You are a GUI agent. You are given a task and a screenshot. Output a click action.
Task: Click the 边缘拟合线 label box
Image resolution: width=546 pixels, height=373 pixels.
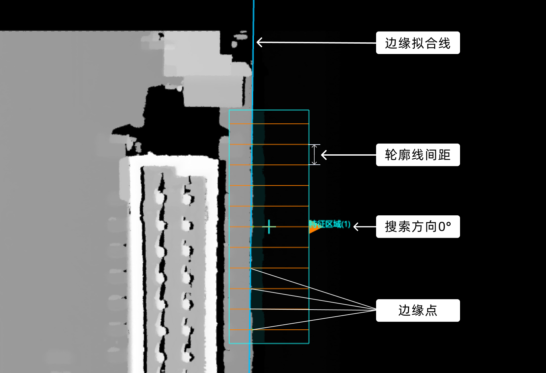point(418,43)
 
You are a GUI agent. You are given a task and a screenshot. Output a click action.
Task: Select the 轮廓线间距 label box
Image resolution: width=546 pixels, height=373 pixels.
point(418,155)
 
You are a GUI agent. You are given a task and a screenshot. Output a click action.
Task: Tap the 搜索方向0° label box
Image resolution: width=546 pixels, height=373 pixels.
point(418,227)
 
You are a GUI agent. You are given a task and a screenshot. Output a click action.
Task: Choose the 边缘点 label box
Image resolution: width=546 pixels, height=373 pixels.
point(418,311)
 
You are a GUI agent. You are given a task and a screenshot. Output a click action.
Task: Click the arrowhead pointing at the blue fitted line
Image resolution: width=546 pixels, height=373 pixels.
point(259,42)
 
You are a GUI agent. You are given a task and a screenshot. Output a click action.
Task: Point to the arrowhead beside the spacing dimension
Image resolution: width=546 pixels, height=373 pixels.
point(324,155)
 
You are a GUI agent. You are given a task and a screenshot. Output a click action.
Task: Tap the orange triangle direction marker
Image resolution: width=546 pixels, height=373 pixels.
point(313,229)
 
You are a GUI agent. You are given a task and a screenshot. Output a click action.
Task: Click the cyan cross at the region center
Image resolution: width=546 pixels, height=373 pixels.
point(269,227)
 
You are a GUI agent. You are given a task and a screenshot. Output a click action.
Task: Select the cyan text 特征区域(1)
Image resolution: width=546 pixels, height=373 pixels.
point(330,224)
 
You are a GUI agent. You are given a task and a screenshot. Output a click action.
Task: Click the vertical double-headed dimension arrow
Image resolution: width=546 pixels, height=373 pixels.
point(314,155)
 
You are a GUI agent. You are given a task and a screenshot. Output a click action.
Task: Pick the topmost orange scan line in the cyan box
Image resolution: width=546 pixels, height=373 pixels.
point(269,124)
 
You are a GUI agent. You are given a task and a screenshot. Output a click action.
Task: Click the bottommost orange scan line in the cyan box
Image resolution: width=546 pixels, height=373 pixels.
point(269,330)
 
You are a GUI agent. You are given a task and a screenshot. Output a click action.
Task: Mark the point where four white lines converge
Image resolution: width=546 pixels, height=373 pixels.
point(376,310)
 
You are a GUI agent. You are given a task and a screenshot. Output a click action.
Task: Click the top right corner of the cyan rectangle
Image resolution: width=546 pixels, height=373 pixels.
point(309,110)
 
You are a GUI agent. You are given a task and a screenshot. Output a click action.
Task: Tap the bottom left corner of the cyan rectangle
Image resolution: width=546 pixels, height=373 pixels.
point(229,343)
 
